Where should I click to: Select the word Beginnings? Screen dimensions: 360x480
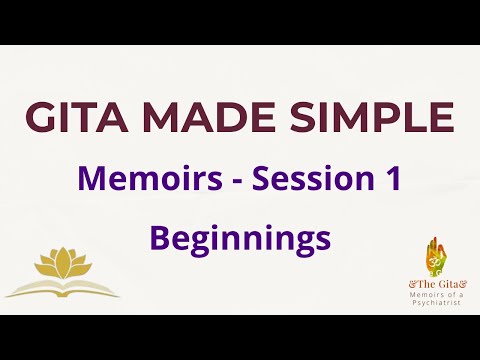tap(240, 238)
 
